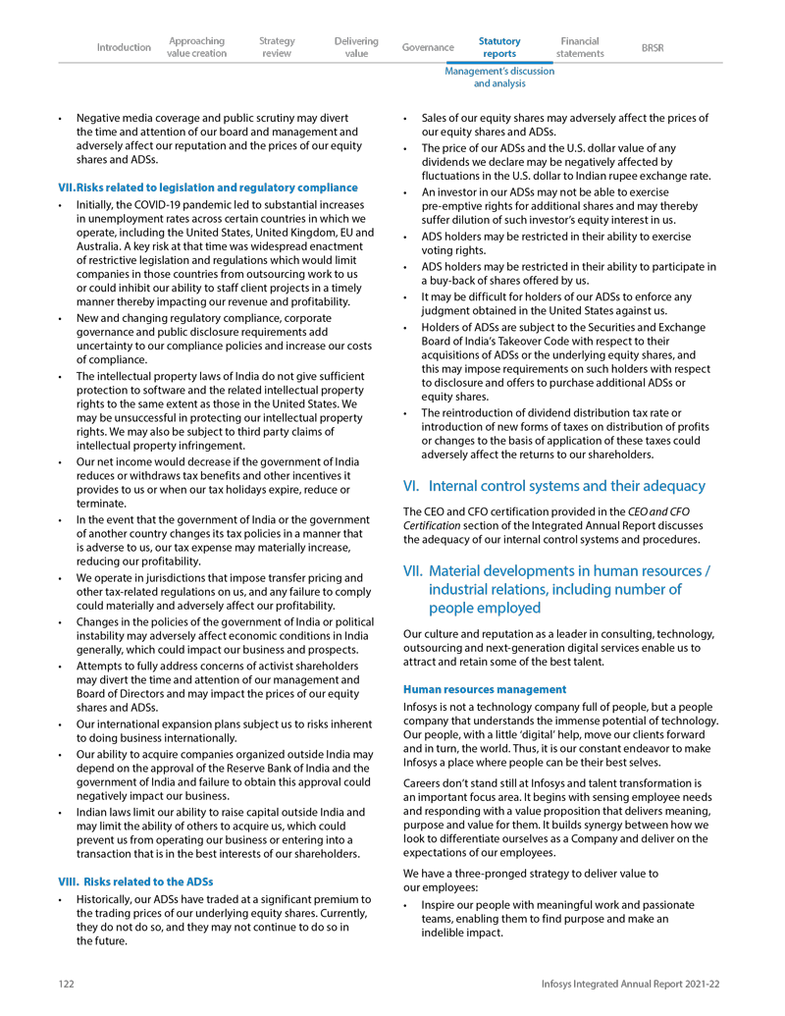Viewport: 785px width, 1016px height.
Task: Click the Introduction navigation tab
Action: click(124, 47)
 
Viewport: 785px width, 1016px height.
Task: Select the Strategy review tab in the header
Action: click(277, 47)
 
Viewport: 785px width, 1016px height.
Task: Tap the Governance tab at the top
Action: click(428, 47)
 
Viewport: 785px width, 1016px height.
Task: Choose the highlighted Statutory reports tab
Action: click(499, 47)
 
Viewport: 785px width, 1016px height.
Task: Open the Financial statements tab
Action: click(580, 47)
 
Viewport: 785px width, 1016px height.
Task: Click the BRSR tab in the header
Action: click(652, 47)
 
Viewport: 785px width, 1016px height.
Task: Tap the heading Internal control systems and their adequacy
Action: click(567, 486)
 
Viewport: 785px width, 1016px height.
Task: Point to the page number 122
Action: click(66, 984)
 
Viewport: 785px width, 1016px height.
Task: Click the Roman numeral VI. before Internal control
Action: click(412, 486)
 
